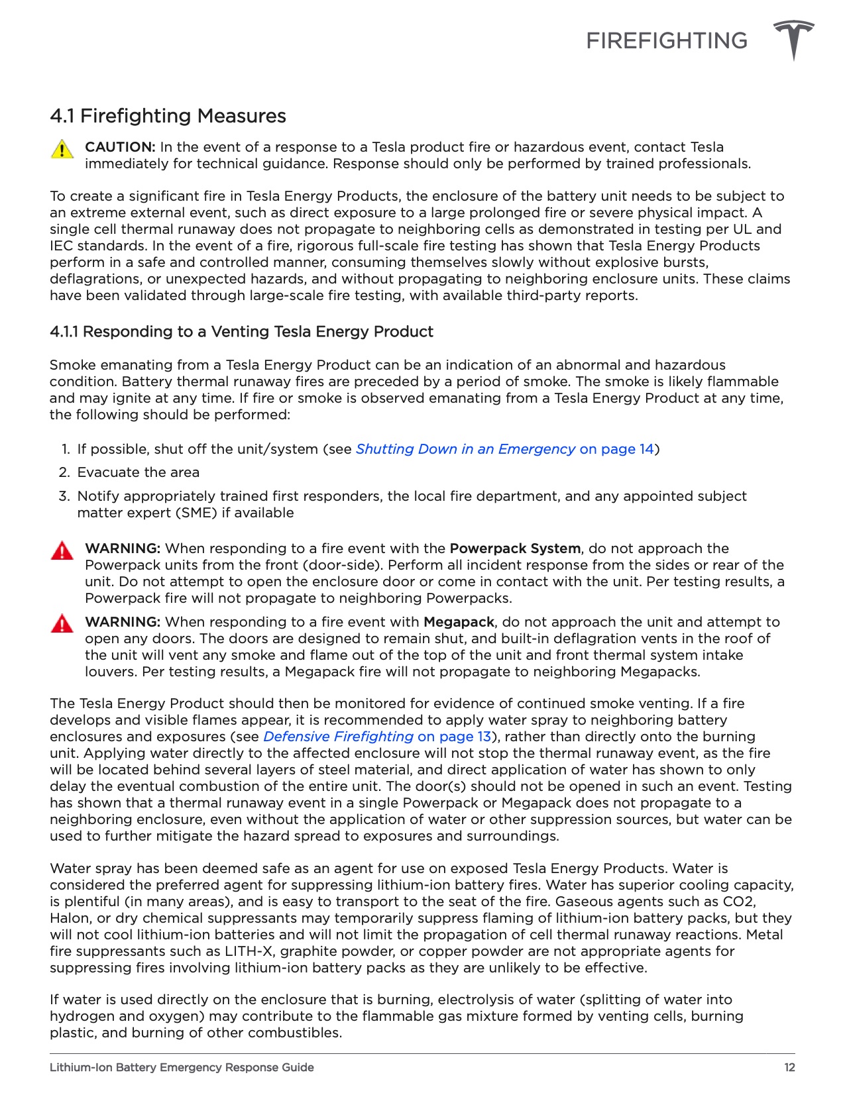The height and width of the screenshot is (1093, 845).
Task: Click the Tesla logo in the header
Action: (793, 40)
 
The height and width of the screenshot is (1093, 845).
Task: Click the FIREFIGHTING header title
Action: (666, 41)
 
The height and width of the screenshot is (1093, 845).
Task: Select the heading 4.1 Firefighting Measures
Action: (168, 116)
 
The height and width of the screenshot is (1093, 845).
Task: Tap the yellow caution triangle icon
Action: (62, 149)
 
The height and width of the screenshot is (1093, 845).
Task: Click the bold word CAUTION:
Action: (120, 147)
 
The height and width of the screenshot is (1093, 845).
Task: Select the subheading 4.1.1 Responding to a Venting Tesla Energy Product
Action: (241, 332)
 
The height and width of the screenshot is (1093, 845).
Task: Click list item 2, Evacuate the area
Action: (138, 472)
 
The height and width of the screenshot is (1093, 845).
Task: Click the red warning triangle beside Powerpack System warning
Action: (62, 551)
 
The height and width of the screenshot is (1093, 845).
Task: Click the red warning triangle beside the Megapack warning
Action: (62, 624)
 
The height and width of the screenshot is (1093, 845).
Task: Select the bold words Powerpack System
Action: (514, 548)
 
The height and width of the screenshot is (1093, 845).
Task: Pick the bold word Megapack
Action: (459, 622)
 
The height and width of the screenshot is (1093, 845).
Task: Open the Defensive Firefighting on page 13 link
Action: (377, 737)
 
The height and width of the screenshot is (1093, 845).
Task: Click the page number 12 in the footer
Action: (789, 1067)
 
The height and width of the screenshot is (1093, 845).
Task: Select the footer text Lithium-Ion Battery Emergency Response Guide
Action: (182, 1067)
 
